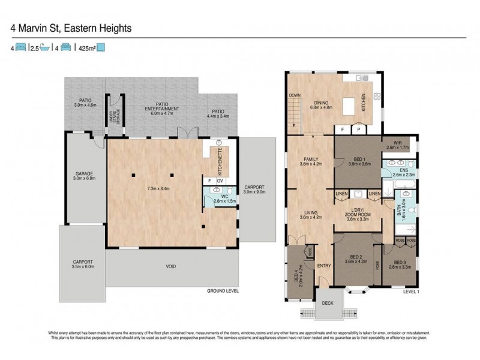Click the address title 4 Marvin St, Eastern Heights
click(x=71, y=28)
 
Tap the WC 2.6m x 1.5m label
click(x=224, y=198)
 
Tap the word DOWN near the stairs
click(x=294, y=95)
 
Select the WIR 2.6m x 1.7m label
click(x=397, y=144)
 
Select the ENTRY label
click(x=324, y=266)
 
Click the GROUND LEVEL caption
click(x=222, y=290)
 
